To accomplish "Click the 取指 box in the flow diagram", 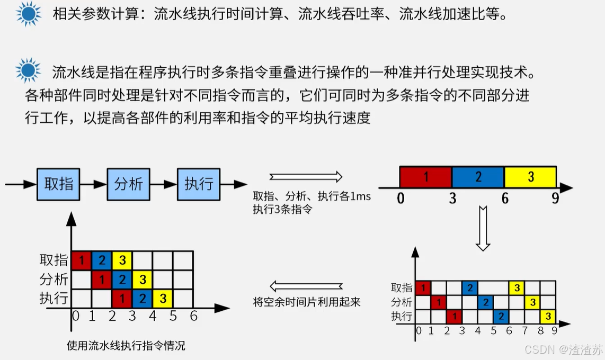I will coord(58,184).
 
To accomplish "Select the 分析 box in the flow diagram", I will coord(129,184).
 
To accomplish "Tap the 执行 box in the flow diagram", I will coord(199,184).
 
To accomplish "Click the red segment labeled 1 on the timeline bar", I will coord(425,177).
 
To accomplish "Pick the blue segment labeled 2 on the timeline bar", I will coord(478,177).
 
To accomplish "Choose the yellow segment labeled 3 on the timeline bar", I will coord(530,177).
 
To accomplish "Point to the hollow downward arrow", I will coord(483,228).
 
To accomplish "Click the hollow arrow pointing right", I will coord(305,177).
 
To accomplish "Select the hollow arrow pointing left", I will coord(306,286).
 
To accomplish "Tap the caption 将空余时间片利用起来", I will coord(307,302).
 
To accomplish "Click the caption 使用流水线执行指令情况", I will coord(126,346).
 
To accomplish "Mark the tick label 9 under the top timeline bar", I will coord(555,199).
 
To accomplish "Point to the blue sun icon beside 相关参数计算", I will coord(28,14).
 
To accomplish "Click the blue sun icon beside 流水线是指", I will coord(28,70).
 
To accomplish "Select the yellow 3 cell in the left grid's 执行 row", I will coord(163,298).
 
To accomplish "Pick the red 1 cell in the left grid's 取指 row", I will coord(81,260).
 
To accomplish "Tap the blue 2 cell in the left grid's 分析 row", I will coord(122,279).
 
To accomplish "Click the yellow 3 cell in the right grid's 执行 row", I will coord(548,317).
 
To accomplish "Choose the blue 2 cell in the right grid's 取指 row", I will coord(469,287).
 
